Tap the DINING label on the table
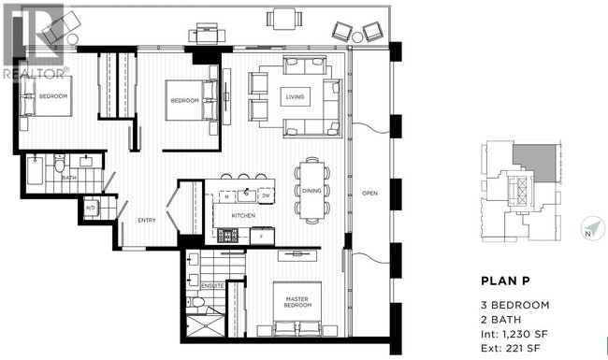click(x=311, y=191)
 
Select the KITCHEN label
click(x=243, y=217)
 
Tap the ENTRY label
click(x=147, y=221)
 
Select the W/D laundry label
click(x=92, y=208)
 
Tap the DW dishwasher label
click(x=266, y=196)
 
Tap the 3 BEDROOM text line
click(x=514, y=306)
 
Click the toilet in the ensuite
click(x=198, y=303)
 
